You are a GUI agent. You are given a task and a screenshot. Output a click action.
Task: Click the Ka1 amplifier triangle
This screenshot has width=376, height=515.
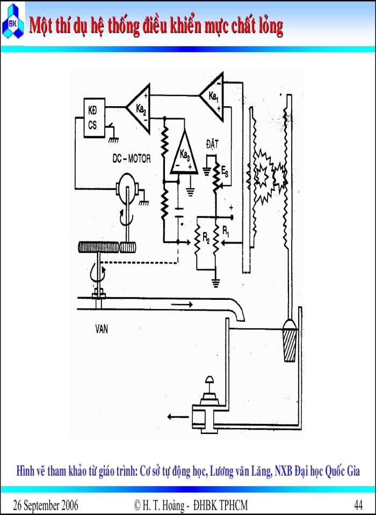(x=212, y=97)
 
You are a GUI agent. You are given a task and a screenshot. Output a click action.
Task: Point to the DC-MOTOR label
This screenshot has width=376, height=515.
(x=132, y=159)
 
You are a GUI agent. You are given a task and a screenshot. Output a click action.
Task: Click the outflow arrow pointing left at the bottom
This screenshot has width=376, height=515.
(x=175, y=416)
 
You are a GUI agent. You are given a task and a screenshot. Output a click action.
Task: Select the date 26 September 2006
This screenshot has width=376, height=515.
(x=46, y=505)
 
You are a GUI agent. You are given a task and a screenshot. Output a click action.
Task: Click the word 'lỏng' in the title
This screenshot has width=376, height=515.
(x=265, y=25)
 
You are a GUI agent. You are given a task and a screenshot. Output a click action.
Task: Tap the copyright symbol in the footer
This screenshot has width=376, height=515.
(x=138, y=505)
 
